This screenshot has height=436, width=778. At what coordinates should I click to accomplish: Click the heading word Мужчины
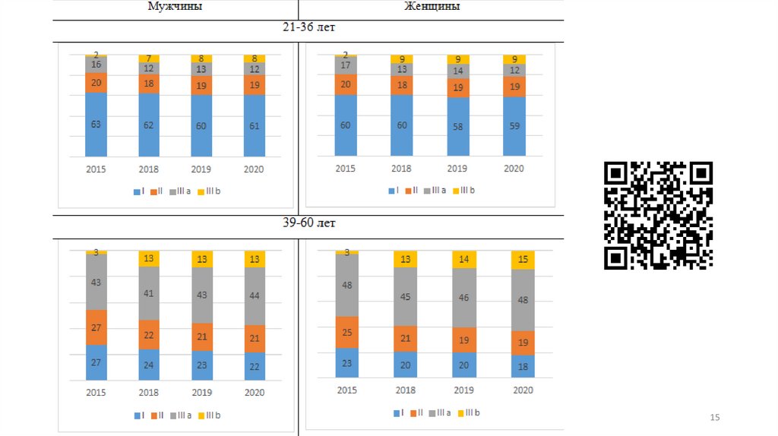click(x=175, y=7)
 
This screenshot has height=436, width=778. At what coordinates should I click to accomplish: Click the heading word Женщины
click(x=431, y=7)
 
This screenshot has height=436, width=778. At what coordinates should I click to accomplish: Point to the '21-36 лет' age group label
click(x=308, y=27)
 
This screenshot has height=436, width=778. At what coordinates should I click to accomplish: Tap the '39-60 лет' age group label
click(x=308, y=223)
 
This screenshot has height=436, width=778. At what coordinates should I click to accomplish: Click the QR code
click(x=658, y=216)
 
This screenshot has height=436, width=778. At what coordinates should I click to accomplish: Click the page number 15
click(x=714, y=418)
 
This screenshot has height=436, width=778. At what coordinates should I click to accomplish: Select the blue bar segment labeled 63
click(x=96, y=124)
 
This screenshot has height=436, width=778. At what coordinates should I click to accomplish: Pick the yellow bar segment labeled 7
click(x=149, y=58)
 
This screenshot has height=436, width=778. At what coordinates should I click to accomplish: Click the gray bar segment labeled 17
click(x=346, y=65)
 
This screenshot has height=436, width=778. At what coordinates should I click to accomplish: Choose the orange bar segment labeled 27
click(x=96, y=327)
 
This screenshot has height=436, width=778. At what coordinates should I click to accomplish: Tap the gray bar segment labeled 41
click(x=149, y=293)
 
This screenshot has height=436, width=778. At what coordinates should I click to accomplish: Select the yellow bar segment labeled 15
click(x=523, y=260)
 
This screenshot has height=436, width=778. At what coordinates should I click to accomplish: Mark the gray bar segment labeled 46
click(x=463, y=298)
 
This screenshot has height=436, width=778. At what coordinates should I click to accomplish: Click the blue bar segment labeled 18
click(x=523, y=366)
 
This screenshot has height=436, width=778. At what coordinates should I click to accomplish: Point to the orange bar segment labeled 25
click(x=347, y=332)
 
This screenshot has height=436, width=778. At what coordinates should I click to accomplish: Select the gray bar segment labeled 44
click(x=255, y=295)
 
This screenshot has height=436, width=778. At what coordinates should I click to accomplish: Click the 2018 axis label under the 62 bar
click(x=149, y=169)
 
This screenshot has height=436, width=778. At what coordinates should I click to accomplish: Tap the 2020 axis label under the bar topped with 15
click(x=523, y=390)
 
